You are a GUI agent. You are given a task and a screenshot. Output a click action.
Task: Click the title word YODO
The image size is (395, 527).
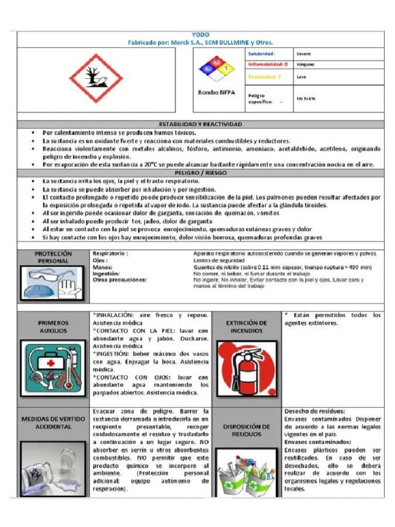[x=200, y=34]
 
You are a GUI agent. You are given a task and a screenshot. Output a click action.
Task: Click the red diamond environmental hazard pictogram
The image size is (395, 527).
[x=96, y=78]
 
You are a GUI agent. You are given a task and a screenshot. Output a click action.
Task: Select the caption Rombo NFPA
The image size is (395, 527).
[x=216, y=92]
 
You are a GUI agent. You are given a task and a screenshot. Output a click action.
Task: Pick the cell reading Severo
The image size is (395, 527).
[x=303, y=54]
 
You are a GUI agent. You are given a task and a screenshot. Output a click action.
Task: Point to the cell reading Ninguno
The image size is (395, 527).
[x=305, y=65]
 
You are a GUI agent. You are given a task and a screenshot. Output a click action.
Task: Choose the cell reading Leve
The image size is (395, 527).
[x=301, y=77]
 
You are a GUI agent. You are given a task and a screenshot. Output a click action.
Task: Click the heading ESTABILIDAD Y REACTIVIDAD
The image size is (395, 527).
[x=200, y=124]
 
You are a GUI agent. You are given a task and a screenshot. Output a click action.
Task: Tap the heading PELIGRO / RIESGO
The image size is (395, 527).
[x=200, y=173]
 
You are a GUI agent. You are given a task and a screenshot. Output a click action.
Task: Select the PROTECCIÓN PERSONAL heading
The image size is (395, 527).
[x=53, y=257]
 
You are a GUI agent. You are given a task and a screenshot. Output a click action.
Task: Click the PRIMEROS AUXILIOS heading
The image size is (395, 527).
[x=53, y=327]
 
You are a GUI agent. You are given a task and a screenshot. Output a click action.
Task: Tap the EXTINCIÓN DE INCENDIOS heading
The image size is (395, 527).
[x=246, y=327]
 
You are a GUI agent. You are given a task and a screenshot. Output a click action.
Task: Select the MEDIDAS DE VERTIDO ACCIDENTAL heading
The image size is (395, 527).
[x=53, y=423]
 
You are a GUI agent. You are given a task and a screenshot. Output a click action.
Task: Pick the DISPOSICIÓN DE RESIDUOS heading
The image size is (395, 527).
[x=246, y=430]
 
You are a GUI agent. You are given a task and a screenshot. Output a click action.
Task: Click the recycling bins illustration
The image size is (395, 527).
[x=246, y=473]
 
